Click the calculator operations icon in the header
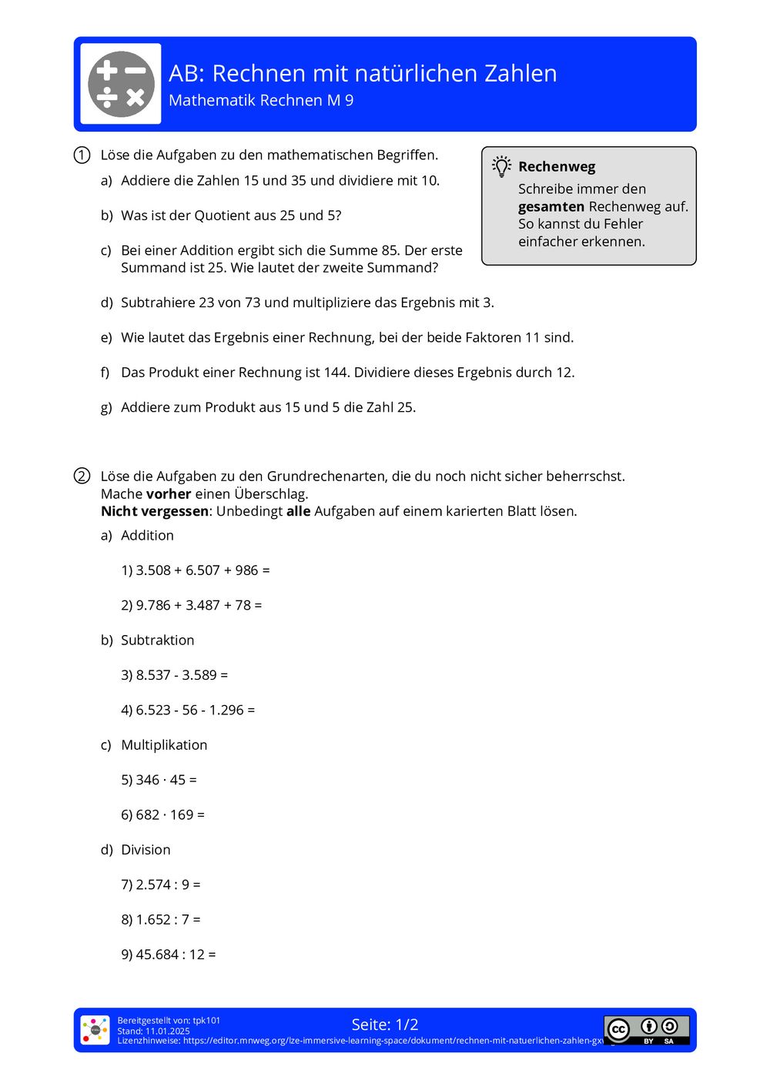pyautogui.click(x=121, y=84)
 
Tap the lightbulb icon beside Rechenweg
pyautogui.click(x=502, y=166)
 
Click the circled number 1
pyautogui.click(x=82, y=155)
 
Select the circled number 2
pyautogui.click(x=82, y=476)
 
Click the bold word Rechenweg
pyautogui.click(x=557, y=167)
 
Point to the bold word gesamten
pyautogui.click(x=551, y=206)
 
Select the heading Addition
pyautogui.click(x=147, y=536)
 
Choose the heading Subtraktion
pyautogui.click(x=157, y=640)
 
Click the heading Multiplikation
pyautogui.click(x=164, y=745)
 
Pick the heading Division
pyautogui.click(x=146, y=850)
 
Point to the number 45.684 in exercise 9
pyautogui.click(x=157, y=955)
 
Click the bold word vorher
pyautogui.click(x=169, y=494)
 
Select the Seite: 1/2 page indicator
pyautogui.click(x=385, y=1025)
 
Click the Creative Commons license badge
pyautogui.click(x=646, y=1030)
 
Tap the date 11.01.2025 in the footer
pyautogui.click(x=168, y=1031)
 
